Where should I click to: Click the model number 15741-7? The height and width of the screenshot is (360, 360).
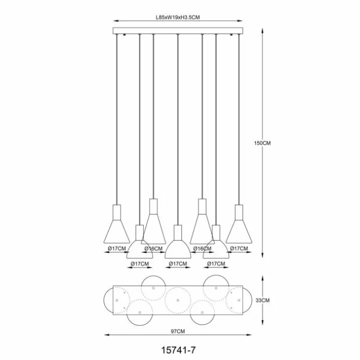tap(178, 348)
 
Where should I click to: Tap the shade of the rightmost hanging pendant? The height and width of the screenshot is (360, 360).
tap(240, 231)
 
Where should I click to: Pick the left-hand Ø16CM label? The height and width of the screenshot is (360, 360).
tap(153, 249)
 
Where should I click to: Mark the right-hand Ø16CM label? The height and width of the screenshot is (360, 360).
tap(202, 249)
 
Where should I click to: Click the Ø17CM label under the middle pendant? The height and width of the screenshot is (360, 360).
tap(178, 264)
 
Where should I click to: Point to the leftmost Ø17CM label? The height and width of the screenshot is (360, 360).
tap(116, 249)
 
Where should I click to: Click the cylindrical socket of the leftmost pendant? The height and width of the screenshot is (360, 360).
tap(116, 211)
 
